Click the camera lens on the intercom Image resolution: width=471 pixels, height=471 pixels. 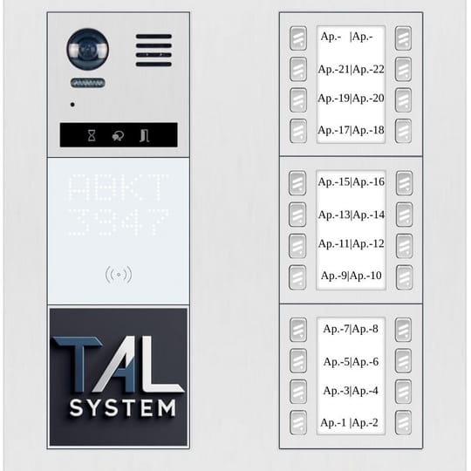click(x=88, y=49)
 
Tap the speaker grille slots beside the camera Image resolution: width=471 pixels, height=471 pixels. click(x=154, y=51)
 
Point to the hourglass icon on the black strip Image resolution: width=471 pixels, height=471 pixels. click(x=92, y=135)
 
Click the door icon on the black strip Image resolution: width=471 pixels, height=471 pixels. click(x=145, y=135)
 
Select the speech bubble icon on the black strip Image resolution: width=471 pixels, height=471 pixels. click(x=118, y=136)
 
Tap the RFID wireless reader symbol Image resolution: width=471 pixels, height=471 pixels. click(x=119, y=274)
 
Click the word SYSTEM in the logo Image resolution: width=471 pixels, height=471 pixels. click(x=123, y=408)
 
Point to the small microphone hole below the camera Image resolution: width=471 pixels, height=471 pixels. click(x=72, y=105)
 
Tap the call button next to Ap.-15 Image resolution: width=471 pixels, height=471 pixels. click(x=297, y=183)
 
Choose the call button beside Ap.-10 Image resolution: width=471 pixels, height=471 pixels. click(x=404, y=277)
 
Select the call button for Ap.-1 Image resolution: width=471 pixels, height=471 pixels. click(x=298, y=422)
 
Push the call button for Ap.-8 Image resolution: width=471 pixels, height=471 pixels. click(x=403, y=330)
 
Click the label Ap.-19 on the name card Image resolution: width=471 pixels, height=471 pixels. click(x=334, y=99)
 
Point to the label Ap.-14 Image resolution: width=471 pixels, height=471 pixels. click(x=369, y=215)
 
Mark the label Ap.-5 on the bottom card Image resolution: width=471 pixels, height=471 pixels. click(x=337, y=362)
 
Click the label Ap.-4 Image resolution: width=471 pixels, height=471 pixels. click(x=365, y=391)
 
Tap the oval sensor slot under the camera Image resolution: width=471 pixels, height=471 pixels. click(x=88, y=83)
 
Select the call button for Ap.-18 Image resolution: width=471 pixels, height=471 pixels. click(x=403, y=131)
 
